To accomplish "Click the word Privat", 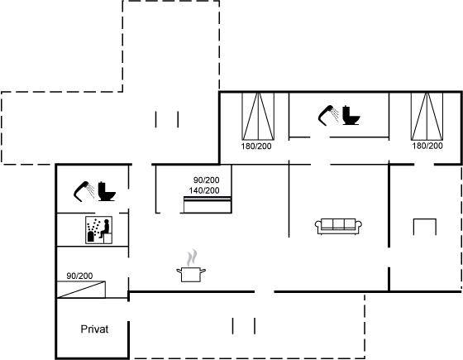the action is coord(94,329).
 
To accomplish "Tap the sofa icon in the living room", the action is coord(338,227).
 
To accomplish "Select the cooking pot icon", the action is coord(191,274).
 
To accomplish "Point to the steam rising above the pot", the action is coord(192,257).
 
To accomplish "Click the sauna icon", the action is coord(98,230).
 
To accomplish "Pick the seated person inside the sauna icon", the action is coord(105,228).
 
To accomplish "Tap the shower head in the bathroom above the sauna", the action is coord(82,191).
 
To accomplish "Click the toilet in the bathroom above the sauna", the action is coord(107,191).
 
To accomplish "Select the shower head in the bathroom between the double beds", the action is coord(327,115).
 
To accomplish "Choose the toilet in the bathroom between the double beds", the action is coord(351,115).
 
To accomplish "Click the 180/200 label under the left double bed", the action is coord(256,146).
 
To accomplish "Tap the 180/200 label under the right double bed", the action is coord(427,146).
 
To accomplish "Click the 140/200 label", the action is coord(204,190).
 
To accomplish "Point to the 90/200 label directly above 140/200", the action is coord(206,180).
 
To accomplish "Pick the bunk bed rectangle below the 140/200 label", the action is coord(208,204).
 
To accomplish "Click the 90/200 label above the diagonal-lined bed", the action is coord(79,276).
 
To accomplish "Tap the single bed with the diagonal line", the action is coord(81,290).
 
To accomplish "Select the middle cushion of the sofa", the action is coord(338,224).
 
